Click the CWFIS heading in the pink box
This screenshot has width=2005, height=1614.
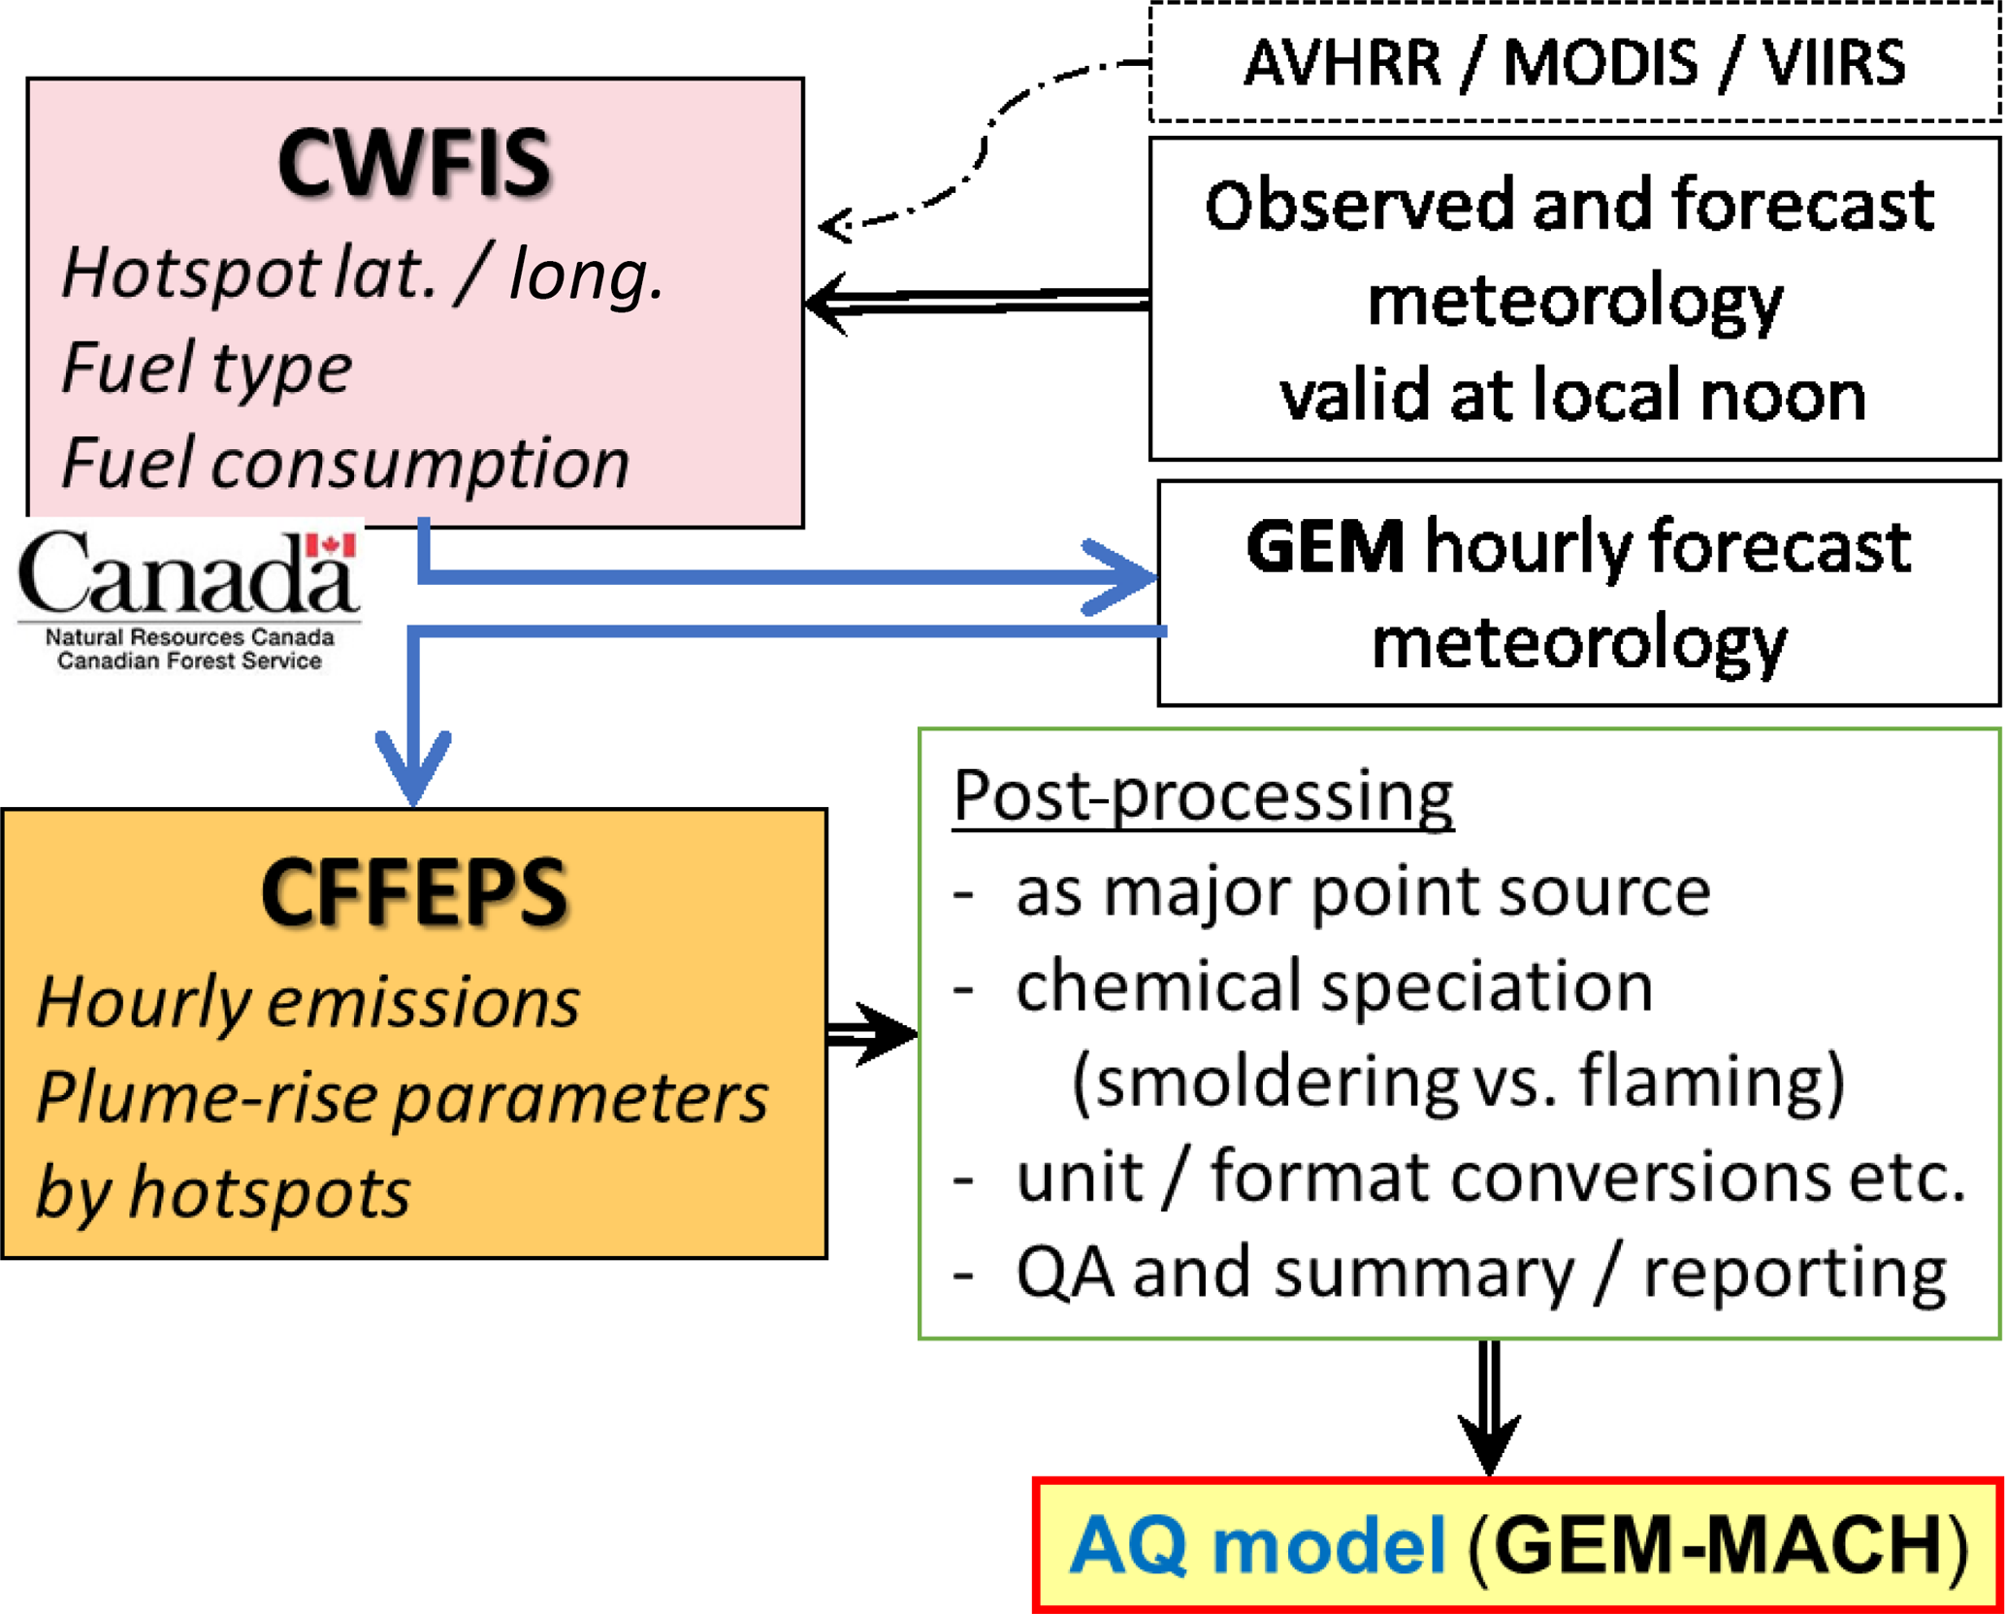tap(414, 163)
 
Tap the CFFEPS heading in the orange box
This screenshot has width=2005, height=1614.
tap(414, 892)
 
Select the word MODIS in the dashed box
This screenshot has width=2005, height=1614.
tap(1601, 64)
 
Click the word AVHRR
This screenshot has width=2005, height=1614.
tap(1342, 64)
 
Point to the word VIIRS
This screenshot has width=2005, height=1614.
tap(1833, 64)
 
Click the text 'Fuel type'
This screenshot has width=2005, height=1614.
tap(207, 369)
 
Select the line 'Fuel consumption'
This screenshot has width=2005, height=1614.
tap(345, 463)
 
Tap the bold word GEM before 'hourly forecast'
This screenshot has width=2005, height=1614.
tap(1325, 547)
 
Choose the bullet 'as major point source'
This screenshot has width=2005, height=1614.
tap(1362, 892)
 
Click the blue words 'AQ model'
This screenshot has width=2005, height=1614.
tap(1257, 1544)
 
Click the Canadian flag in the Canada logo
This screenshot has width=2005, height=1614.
tap(331, 546)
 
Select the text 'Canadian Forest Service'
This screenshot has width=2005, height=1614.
tap(189, 662)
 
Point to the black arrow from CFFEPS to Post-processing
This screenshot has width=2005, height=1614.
tap(873, 1034)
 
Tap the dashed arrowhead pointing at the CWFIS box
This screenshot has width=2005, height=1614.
tap(836, 227)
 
